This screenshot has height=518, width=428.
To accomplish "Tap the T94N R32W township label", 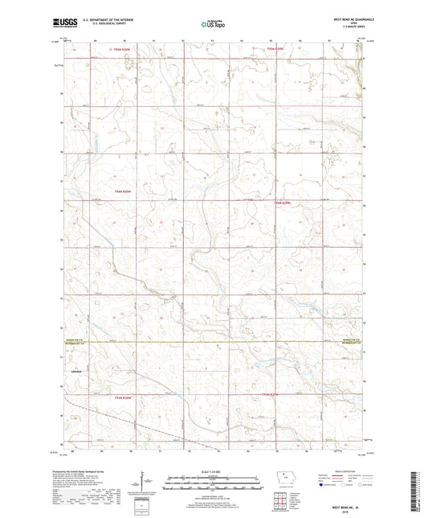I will [x=122, y=191].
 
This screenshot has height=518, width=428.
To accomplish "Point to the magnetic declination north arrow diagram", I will [x=148, y=483].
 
